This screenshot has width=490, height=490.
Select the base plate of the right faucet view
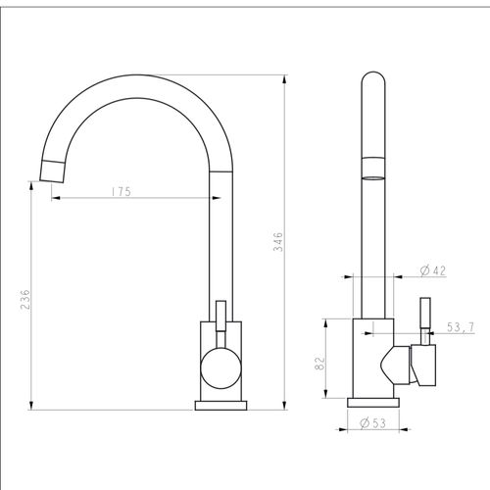374,401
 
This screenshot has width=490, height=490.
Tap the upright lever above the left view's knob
220,323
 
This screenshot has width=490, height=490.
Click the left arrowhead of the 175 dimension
55,198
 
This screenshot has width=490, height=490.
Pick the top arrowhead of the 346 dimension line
284,80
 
